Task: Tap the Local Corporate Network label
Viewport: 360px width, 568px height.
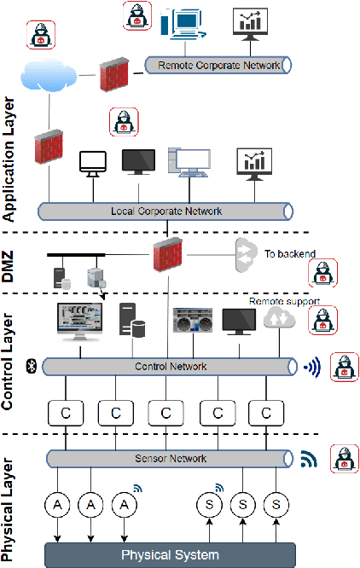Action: pyautogui.click(x=165, y=211)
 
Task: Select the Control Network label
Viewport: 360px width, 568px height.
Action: pyautogui.click(x=171, y=367)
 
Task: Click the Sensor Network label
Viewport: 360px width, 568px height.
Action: pyautogui.click(x=171, y=458)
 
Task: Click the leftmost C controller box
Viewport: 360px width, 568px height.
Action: pyautogui.click(x=64, y=413)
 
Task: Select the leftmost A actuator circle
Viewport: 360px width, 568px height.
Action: pyautogui.click(x=58, y=505)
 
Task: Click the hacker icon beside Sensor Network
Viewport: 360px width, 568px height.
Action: pyautogui.click(x=345, y=456)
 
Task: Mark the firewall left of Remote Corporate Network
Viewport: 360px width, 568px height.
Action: pyautogui.click(x=113, y=74)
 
